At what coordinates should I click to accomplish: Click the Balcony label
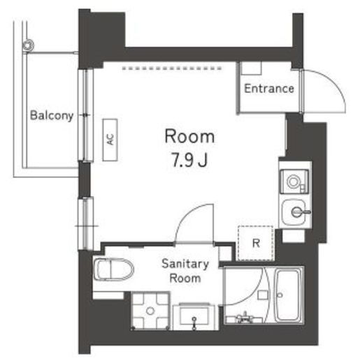point(52,115)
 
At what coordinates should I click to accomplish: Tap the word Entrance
point(269,89)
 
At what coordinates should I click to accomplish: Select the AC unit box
point(110,140)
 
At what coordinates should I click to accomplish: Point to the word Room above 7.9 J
point(189,136)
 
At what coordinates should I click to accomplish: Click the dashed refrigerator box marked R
point(256,243)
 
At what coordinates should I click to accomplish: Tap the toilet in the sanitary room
point(113,269)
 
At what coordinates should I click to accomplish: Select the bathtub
point(287,295)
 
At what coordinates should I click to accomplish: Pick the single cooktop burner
point(293,181)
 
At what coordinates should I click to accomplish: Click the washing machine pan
point(150,311)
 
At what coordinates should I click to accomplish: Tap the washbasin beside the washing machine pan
point(194,316)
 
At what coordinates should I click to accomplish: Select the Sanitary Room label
point(185,271)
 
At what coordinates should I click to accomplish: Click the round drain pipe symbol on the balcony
point(29,45)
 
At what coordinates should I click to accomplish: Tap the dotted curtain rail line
point(172,68)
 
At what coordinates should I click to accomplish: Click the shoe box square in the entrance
point(251,68)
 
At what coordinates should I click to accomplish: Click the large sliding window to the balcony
point(86,115)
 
